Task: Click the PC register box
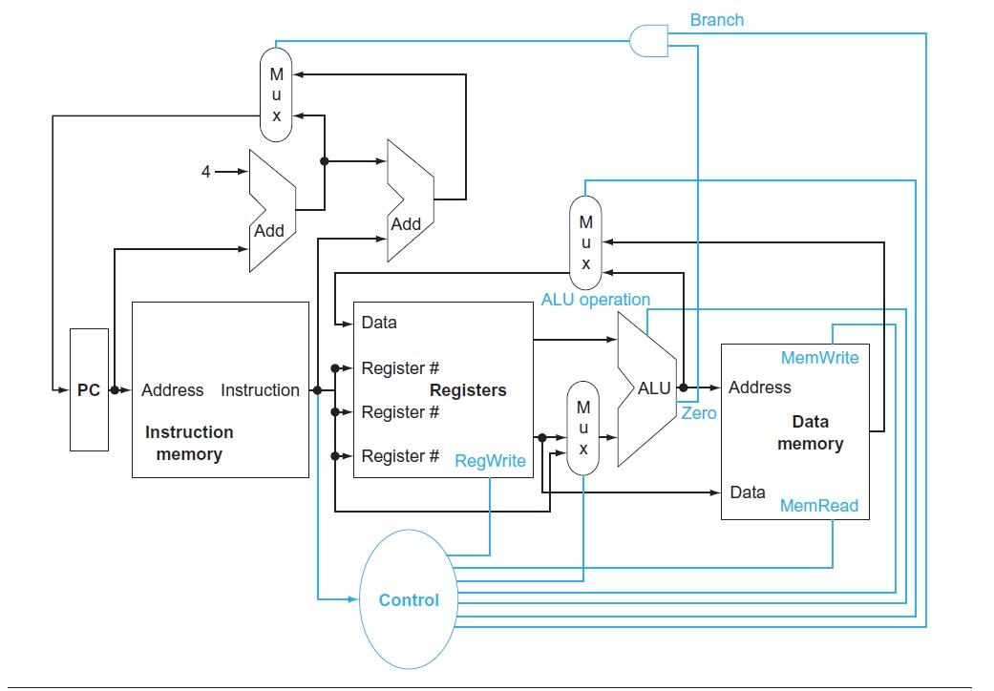click(89, 389)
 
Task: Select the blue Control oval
click(409, 599)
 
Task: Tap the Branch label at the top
click(716, 20)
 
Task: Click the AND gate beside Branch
click(648, 40)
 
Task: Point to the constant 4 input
click(206, 172)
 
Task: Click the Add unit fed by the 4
click(270, 211)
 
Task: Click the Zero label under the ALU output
click(698, 413)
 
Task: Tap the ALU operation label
click(595, 300)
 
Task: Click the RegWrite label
click(490, 461)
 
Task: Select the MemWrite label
click(819, 358)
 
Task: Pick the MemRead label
click(819, 506)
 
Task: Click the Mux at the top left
click(276, 95)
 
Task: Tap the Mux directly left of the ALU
click(583, 428)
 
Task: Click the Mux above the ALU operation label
click(585, 242)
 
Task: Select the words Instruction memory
click(189, 443)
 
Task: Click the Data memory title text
click(810, 432)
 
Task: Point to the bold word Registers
click(468, 390)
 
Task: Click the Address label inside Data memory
click(759, 387)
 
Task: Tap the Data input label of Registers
click(379, 323)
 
